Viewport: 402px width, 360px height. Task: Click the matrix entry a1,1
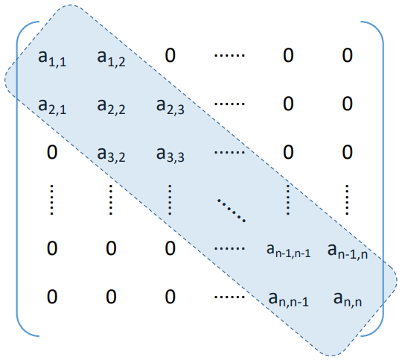[x=52, y=58]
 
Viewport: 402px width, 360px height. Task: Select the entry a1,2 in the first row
[x=111, y=58]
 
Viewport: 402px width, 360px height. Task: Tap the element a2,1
[x=52, y=106]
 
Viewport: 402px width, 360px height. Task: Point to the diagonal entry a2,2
[x=111, y=106]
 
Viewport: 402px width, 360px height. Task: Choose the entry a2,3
[x=170, y=106]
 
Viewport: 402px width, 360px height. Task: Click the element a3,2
[x=111, y=154]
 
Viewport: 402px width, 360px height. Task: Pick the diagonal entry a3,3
[x=170, y=154]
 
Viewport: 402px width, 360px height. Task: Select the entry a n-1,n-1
[x=289, y=250]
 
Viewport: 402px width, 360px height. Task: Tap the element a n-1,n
[x=348, y=251]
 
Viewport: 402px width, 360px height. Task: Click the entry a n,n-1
[x=288, y=299]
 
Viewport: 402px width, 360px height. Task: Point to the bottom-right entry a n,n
[x=348, y=299]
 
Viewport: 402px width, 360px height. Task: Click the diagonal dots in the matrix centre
[x=232, y=209]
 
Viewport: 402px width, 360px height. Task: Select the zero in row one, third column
[x=170, y=55]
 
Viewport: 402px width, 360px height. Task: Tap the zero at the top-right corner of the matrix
[x=348, y=55]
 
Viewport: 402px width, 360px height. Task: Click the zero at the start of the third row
[x=52, y=152]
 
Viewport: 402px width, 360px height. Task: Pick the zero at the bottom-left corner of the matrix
[x=52, y=297]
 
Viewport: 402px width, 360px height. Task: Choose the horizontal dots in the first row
[x=229, y=55]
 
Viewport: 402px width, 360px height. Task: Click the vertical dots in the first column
[x=52, y=200]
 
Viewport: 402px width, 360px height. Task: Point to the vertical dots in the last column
[x=347, y=200]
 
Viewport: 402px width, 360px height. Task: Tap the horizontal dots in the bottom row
[x=229, y=297]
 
